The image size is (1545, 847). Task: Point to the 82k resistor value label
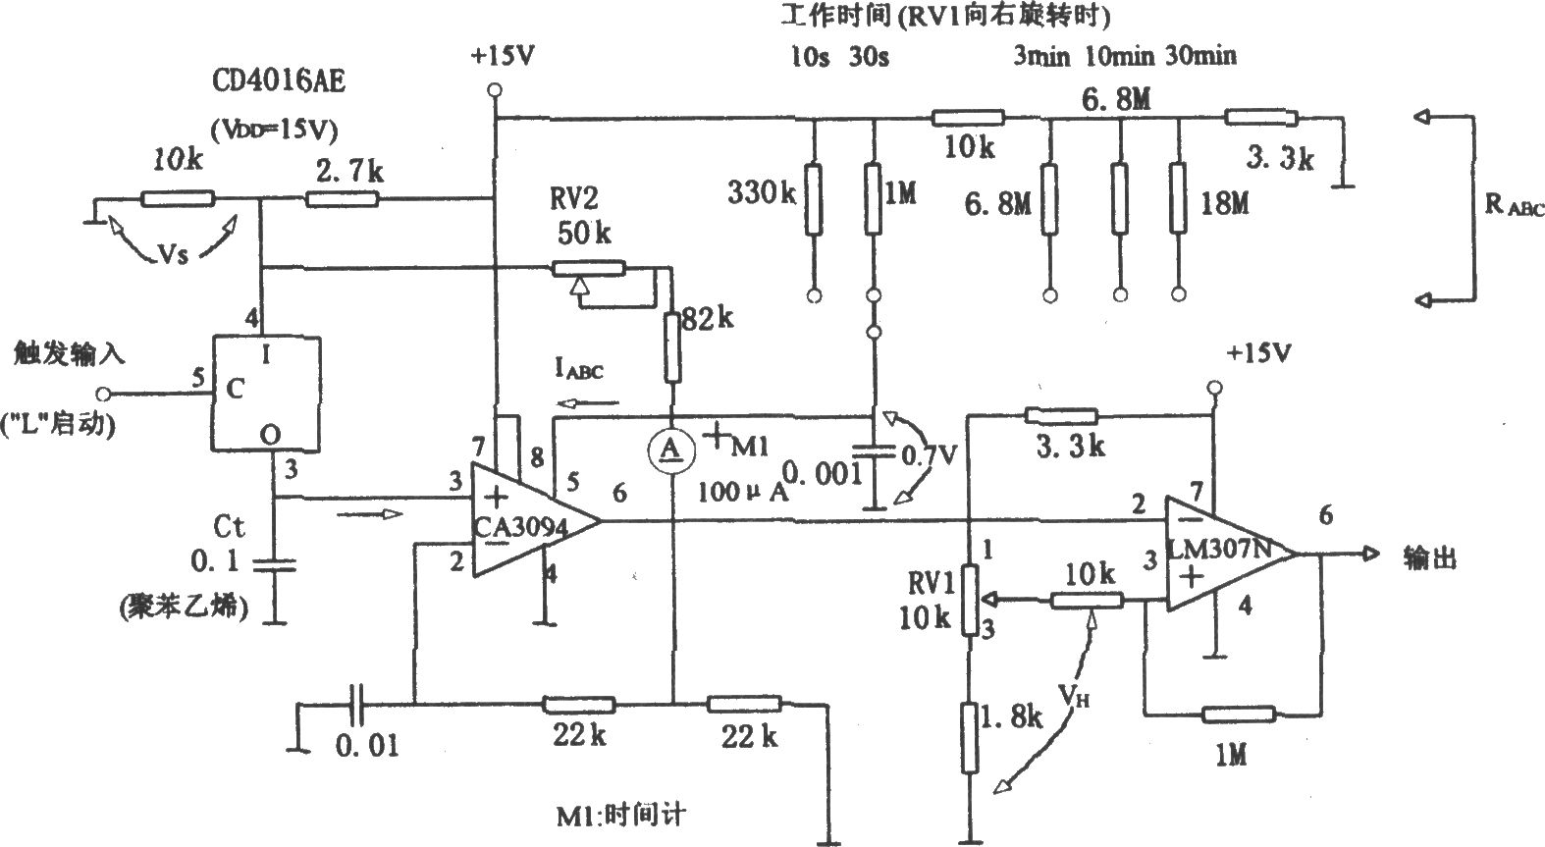708,319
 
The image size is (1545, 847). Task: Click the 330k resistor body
814,199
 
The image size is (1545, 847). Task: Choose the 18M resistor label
1225,204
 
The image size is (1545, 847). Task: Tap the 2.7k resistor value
349,171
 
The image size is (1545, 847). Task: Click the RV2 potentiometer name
573,199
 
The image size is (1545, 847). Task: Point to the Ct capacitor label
229,527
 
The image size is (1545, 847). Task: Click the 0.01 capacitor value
368,746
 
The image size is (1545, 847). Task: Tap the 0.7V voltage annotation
930,454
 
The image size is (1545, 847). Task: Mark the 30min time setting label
1200,55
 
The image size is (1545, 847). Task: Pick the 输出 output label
1430,557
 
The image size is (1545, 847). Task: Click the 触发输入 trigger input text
69,354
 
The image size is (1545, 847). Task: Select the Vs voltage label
173,255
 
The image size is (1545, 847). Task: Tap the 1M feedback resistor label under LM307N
1231,756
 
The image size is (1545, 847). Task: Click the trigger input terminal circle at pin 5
103,395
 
